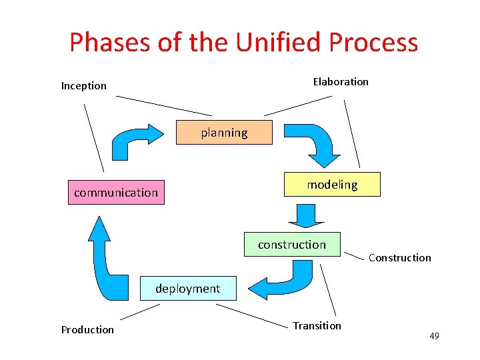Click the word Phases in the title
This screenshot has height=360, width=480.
click(x=110, y=43)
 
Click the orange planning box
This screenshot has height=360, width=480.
click(x=224, y=133)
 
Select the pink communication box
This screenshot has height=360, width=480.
click(x=116, y=193)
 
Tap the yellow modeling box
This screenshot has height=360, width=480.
click(x=332, y=185)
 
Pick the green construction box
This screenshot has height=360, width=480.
click(x=292, y=245)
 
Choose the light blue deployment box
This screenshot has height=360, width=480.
click(x=187, y=289)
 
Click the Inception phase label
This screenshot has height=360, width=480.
click(x=84, y=85)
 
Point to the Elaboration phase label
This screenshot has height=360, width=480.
click(x=341, y=81)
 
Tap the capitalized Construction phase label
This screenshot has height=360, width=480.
click(x=400, y=257)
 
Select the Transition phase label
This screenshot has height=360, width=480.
click(x=317, y=325)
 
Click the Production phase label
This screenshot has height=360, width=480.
click(x=87, y=329)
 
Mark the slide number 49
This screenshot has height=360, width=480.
click(x=434, y=336)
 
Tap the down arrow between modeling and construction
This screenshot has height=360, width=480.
click(x=306, y=215)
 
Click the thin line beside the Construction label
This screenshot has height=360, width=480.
click(x=355, y=254)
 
